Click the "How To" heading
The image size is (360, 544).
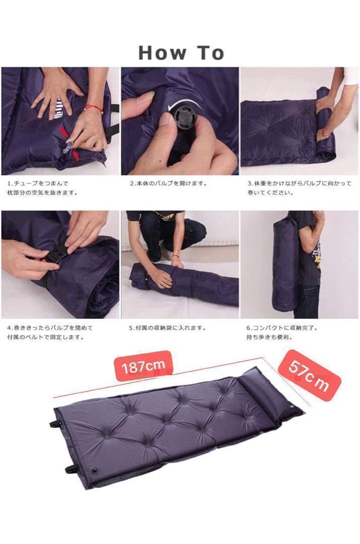coord(181,52)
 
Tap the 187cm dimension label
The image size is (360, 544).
coord(141,366)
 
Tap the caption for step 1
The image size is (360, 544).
coord(45,188)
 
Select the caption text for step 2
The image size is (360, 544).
coord(168,184)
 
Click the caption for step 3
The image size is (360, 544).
coord(299,188)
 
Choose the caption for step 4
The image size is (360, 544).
coord(50,332)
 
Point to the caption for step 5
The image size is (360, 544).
coord(168,328)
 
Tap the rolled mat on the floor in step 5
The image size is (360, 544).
coord(181,284)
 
